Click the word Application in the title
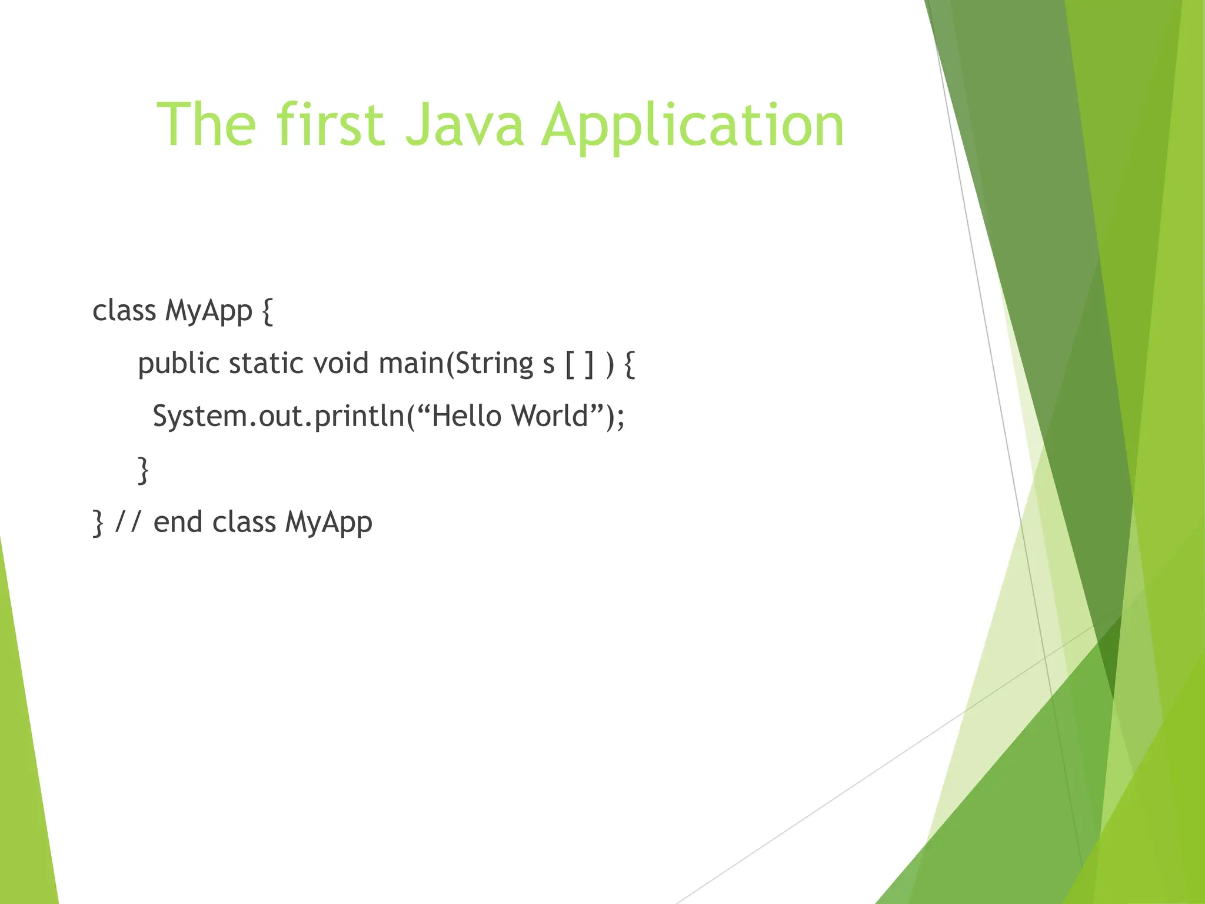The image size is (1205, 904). coord(693,125)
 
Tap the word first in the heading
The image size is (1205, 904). coord(331,125)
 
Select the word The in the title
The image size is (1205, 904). coord(207,125)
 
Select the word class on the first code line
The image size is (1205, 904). coord(124,311)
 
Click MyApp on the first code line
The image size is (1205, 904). coord(209,311)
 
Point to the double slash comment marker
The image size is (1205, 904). coord(128,522)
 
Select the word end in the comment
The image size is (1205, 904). coord(178,522)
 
